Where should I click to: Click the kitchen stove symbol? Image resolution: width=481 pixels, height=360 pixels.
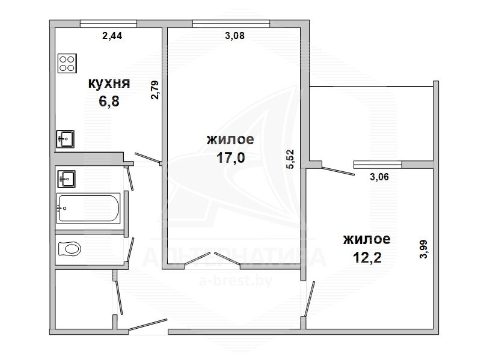click(67, 64)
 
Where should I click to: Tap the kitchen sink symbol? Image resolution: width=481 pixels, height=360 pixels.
click(65, 139)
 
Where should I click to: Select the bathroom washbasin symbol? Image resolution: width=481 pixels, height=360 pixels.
click(66, 178)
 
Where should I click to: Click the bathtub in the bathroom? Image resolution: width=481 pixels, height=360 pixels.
click(88, 208)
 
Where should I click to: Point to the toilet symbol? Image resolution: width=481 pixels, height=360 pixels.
click(70, 249)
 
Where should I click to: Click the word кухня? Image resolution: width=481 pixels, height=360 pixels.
click(109, 83)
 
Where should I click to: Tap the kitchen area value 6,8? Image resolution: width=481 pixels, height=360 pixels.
click(109, 101)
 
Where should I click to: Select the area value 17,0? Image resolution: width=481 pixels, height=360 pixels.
click(231, 158)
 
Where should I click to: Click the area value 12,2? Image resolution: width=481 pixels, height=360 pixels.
click(367, 257)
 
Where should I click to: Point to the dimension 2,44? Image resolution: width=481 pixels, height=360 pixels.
click(112, 36)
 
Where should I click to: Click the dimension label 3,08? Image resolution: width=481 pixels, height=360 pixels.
click(234, 35)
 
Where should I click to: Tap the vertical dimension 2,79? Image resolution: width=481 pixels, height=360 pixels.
click(155, 90)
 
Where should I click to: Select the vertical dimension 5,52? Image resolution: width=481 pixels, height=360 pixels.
click(290, 159)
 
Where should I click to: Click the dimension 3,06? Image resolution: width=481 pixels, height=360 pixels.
click(379, 177)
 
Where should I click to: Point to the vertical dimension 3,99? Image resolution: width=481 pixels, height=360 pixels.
click(423, 249)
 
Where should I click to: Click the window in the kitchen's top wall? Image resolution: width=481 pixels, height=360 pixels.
click(109, 23)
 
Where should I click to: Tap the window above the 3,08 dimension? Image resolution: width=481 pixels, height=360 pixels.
click(231, 23)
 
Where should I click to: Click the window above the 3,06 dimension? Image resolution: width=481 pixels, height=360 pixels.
click(378, 165)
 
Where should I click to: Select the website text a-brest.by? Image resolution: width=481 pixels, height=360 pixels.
click(236, 281)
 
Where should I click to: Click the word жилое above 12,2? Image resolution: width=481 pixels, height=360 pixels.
click(367, 239)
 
